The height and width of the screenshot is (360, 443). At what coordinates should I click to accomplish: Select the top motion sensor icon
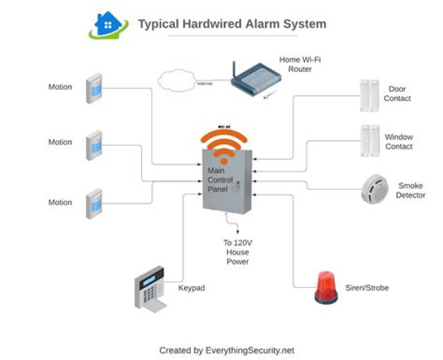[94, 89]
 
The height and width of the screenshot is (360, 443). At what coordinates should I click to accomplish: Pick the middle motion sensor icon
[94, 144]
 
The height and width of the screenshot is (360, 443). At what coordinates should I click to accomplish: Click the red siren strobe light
[326, 288]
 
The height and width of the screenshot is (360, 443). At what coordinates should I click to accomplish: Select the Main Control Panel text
[220, 180]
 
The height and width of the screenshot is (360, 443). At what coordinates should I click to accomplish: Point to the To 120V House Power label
[237, 252]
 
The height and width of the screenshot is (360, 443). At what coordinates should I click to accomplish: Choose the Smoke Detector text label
[411, 190]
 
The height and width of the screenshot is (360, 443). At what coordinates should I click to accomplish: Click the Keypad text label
[191, 287]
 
